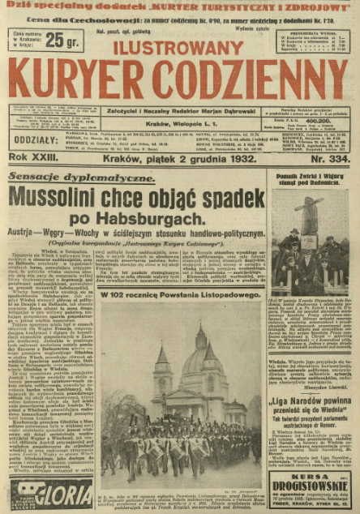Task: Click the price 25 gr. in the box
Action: coord(63,41)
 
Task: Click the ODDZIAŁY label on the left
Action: coord(30,117)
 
